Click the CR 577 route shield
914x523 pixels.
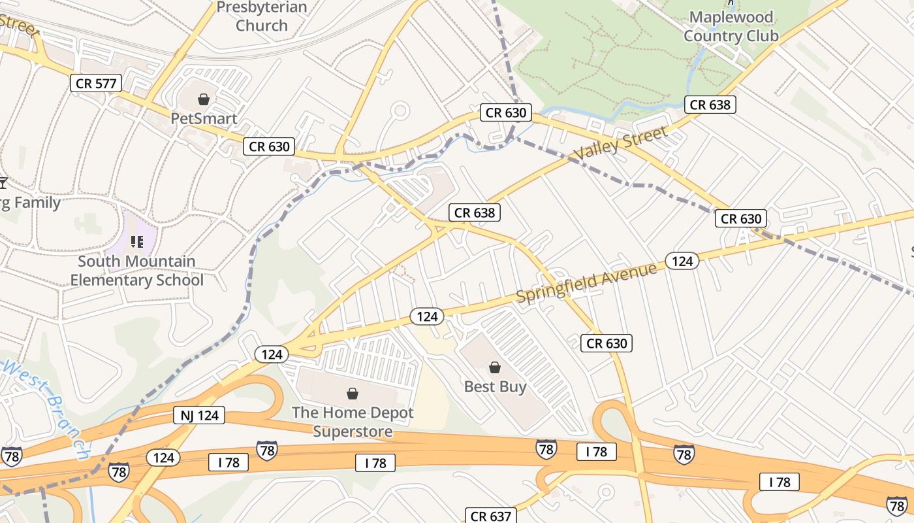click(x=96, y=83)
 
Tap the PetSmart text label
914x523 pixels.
click(x=204, y=119)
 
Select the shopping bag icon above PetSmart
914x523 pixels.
click(x=204, y=99)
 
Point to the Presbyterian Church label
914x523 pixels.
click(x=262, y=17)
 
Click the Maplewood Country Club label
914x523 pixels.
click(x=731, y=27)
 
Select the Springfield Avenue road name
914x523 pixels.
click(x=586, y=282)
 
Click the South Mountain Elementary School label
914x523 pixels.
click(x=136, y=271)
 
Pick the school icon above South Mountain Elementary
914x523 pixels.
click(x=137, y=242)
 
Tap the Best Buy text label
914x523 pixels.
click(x=495, y=386)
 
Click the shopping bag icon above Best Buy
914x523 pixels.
click(x=495, y=367)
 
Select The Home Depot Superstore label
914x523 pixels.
click(x=353, y=422)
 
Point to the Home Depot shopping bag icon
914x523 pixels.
click(x=353, y=393)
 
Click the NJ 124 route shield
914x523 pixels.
click(x=199, y=415)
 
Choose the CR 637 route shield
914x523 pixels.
click(x=491, y=516)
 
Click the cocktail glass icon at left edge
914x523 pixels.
click(x=3, y=182)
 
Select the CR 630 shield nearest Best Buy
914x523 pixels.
click(x=607, y=343)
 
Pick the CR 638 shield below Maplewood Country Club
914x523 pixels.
click(x=710, y=105)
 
